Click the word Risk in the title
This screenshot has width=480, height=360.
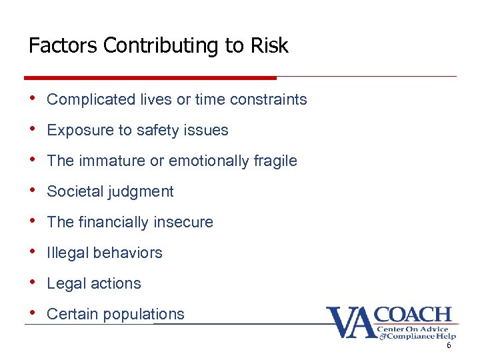click(x=269, y=45)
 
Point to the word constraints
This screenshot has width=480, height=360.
click(x=269, y=100)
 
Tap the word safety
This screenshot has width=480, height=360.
click(x=157, y=131)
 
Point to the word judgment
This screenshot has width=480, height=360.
click(x=141, y=192)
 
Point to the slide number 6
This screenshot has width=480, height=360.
click(x=449, y=345)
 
